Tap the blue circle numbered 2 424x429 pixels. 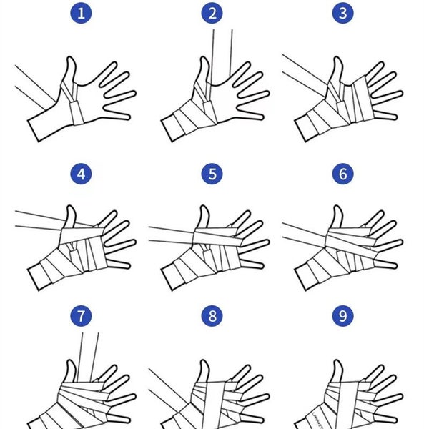[x=212, y=12]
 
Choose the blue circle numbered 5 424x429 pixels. [x=212, y=174]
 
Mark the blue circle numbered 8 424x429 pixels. [x=212, y=315]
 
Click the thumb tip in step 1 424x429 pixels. [x=71, y=61]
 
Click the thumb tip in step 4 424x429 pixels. [x=71, y=209]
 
